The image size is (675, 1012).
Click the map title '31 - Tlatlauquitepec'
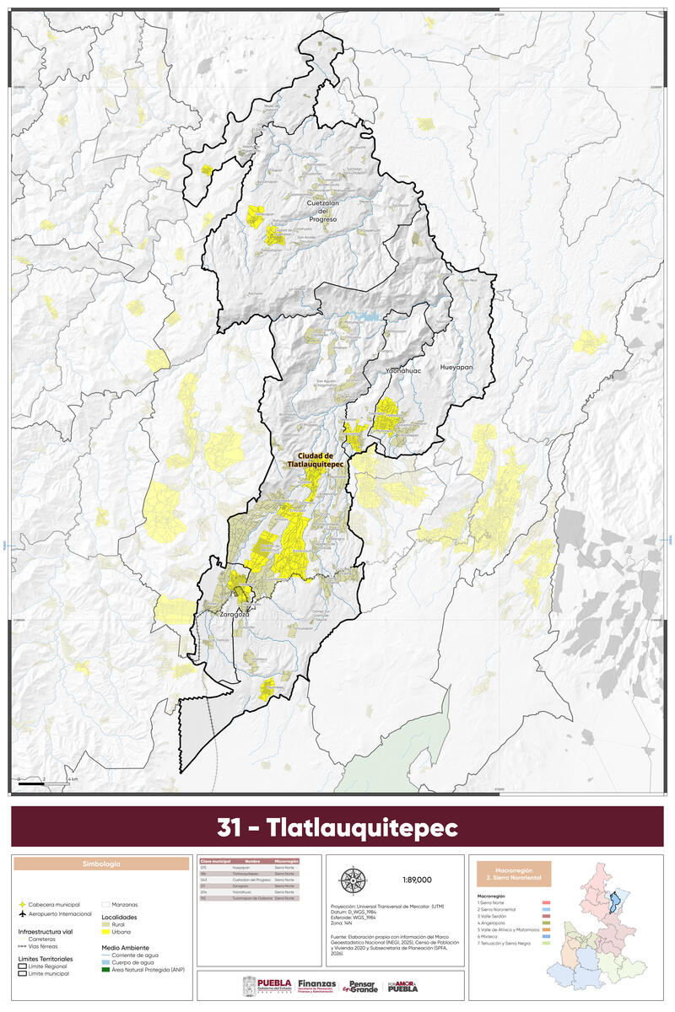337,827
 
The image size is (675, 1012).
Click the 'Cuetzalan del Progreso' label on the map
322,211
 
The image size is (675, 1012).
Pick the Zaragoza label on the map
235,615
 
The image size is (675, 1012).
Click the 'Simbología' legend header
100,864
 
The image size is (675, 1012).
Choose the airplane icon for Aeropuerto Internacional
22,913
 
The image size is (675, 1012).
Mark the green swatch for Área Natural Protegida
106,970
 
